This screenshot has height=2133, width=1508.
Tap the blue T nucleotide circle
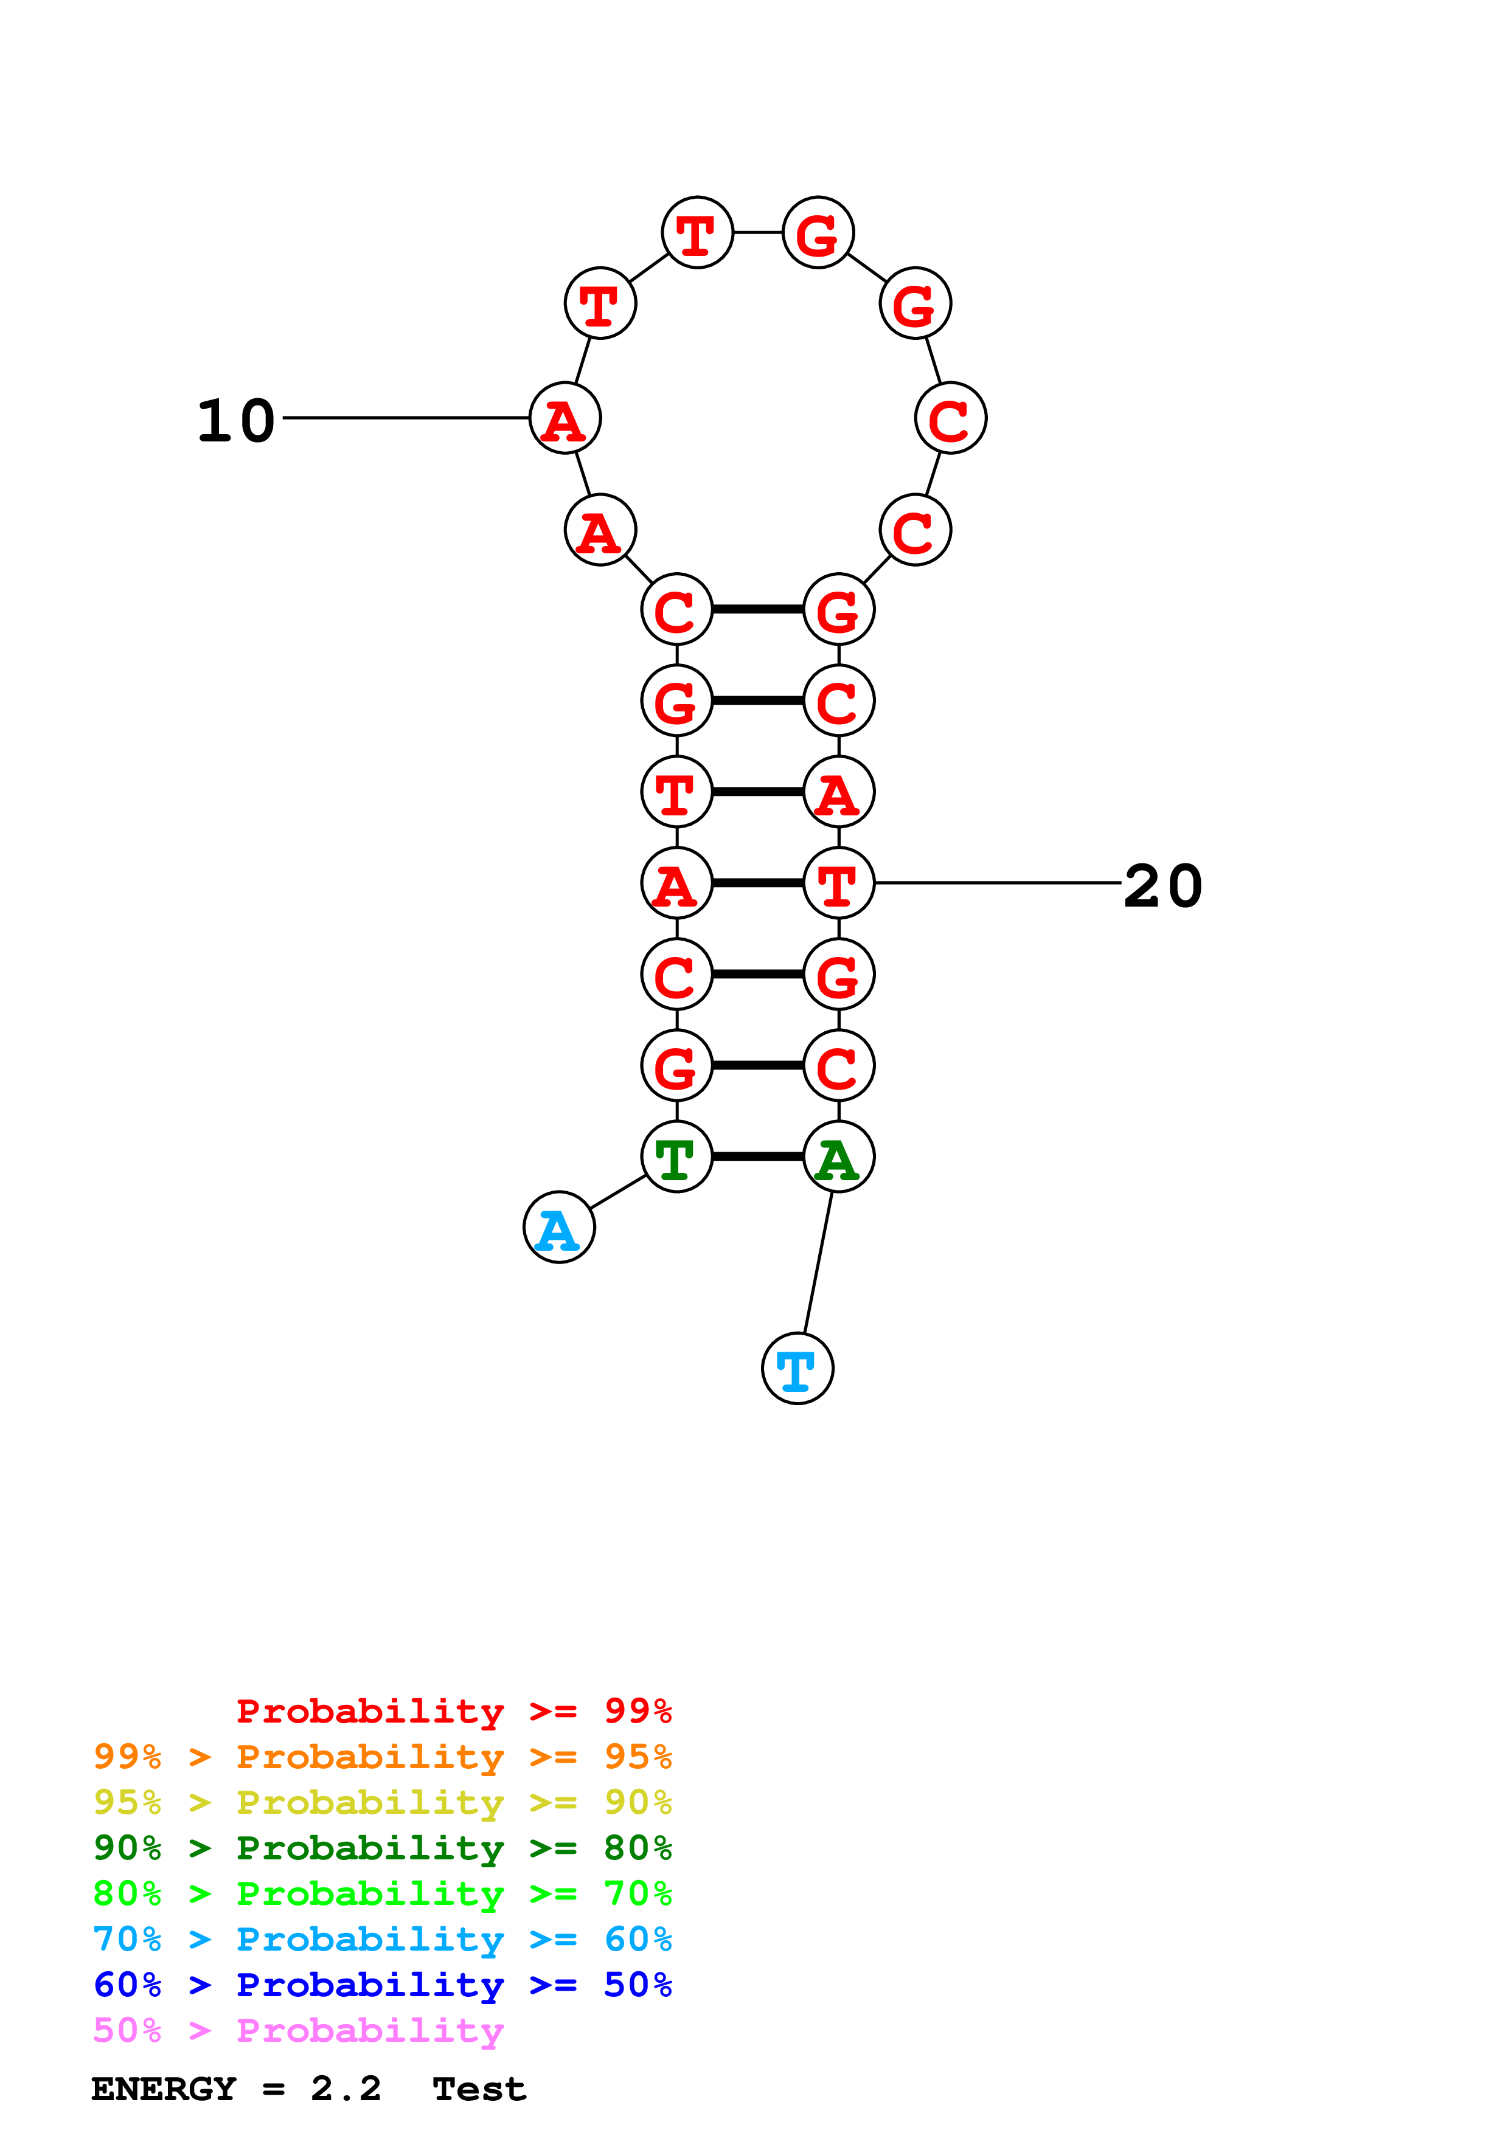click(797, 1369)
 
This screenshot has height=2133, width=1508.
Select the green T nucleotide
click(676, 1156)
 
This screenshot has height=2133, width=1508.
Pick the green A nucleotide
click(838, 1156)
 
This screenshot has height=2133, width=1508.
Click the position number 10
click(236, 421)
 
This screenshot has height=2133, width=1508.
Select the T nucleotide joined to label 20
click(838, 882)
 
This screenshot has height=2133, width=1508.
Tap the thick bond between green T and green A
click(757, 1156)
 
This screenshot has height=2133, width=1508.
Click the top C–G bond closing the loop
click(757, 609)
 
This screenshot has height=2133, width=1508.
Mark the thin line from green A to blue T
click(818, 1264)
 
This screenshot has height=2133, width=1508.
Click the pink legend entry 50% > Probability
click(298, 2031)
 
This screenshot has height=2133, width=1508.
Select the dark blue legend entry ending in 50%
click(382, 1985)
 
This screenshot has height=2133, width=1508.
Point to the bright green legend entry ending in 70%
click(382, 1893)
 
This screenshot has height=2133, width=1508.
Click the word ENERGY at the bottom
click(164, 2089)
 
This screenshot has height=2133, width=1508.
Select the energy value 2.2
click(346, 2089)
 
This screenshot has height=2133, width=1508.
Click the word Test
click(479, 2089)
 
